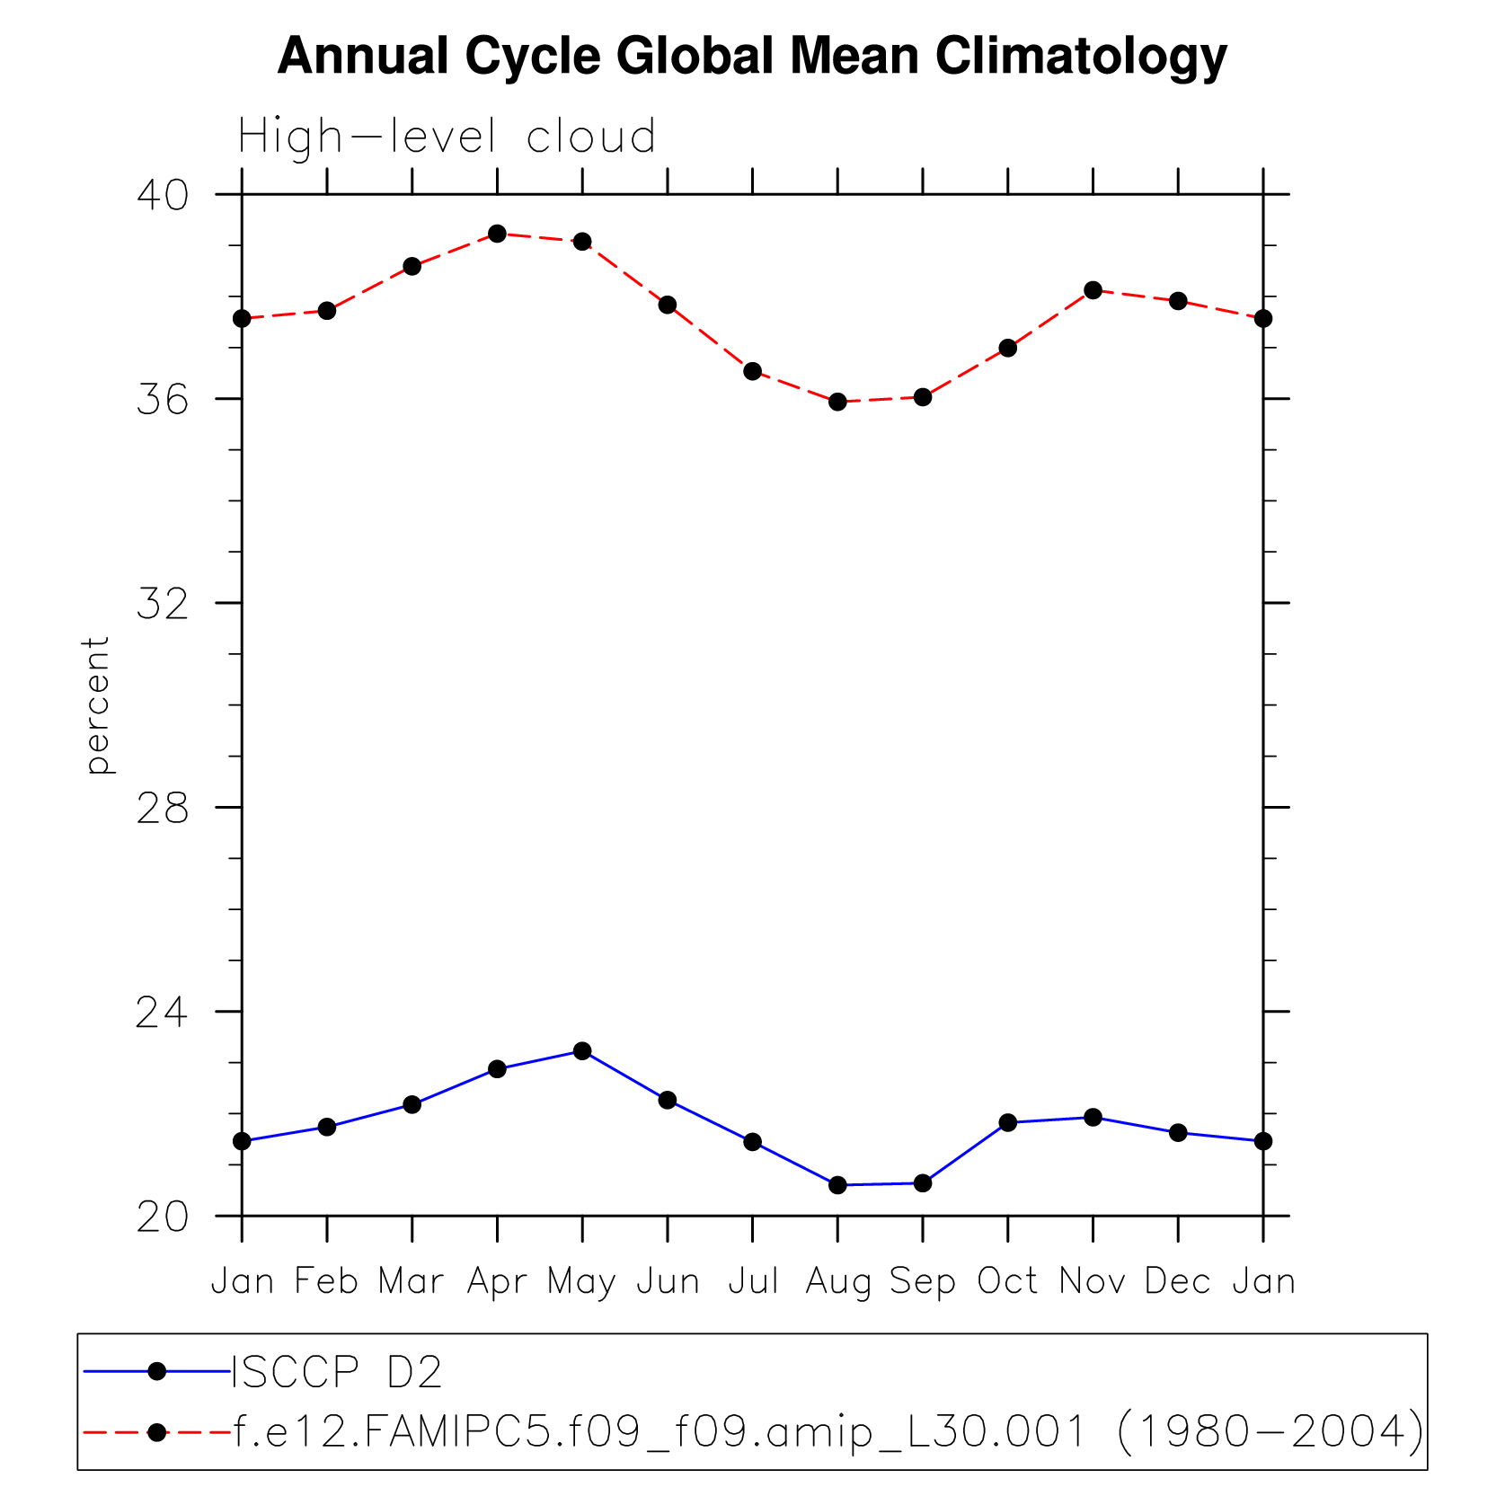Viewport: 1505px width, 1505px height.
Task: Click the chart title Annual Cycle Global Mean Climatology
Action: (752, 56)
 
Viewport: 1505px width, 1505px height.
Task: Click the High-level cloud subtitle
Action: (447, 137)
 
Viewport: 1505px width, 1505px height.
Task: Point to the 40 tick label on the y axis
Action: (163, 195)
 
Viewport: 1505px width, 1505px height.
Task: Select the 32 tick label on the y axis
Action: (163, 604)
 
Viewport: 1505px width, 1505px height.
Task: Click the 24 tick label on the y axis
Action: (163, 1013)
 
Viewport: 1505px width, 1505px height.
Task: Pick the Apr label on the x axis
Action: (497, 1282)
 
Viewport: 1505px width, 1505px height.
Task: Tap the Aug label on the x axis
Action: (837, 1282)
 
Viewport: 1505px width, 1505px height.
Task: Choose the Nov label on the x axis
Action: (1093, 1280)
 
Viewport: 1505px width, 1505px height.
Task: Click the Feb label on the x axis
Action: (327, 1280)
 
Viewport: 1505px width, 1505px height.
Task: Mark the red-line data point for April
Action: (497, 234)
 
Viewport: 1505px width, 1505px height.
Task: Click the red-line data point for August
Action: (837, 402)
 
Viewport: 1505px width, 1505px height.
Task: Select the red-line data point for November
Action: (1093, 290)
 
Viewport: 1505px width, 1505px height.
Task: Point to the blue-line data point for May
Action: (582, 1050)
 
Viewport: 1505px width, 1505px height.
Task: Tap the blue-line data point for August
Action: (837, 1185)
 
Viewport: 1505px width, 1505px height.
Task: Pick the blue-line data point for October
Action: (1007, 1122)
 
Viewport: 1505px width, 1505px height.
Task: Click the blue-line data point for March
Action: (412, 1104)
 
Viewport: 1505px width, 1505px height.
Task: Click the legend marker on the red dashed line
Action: (156, 1432)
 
